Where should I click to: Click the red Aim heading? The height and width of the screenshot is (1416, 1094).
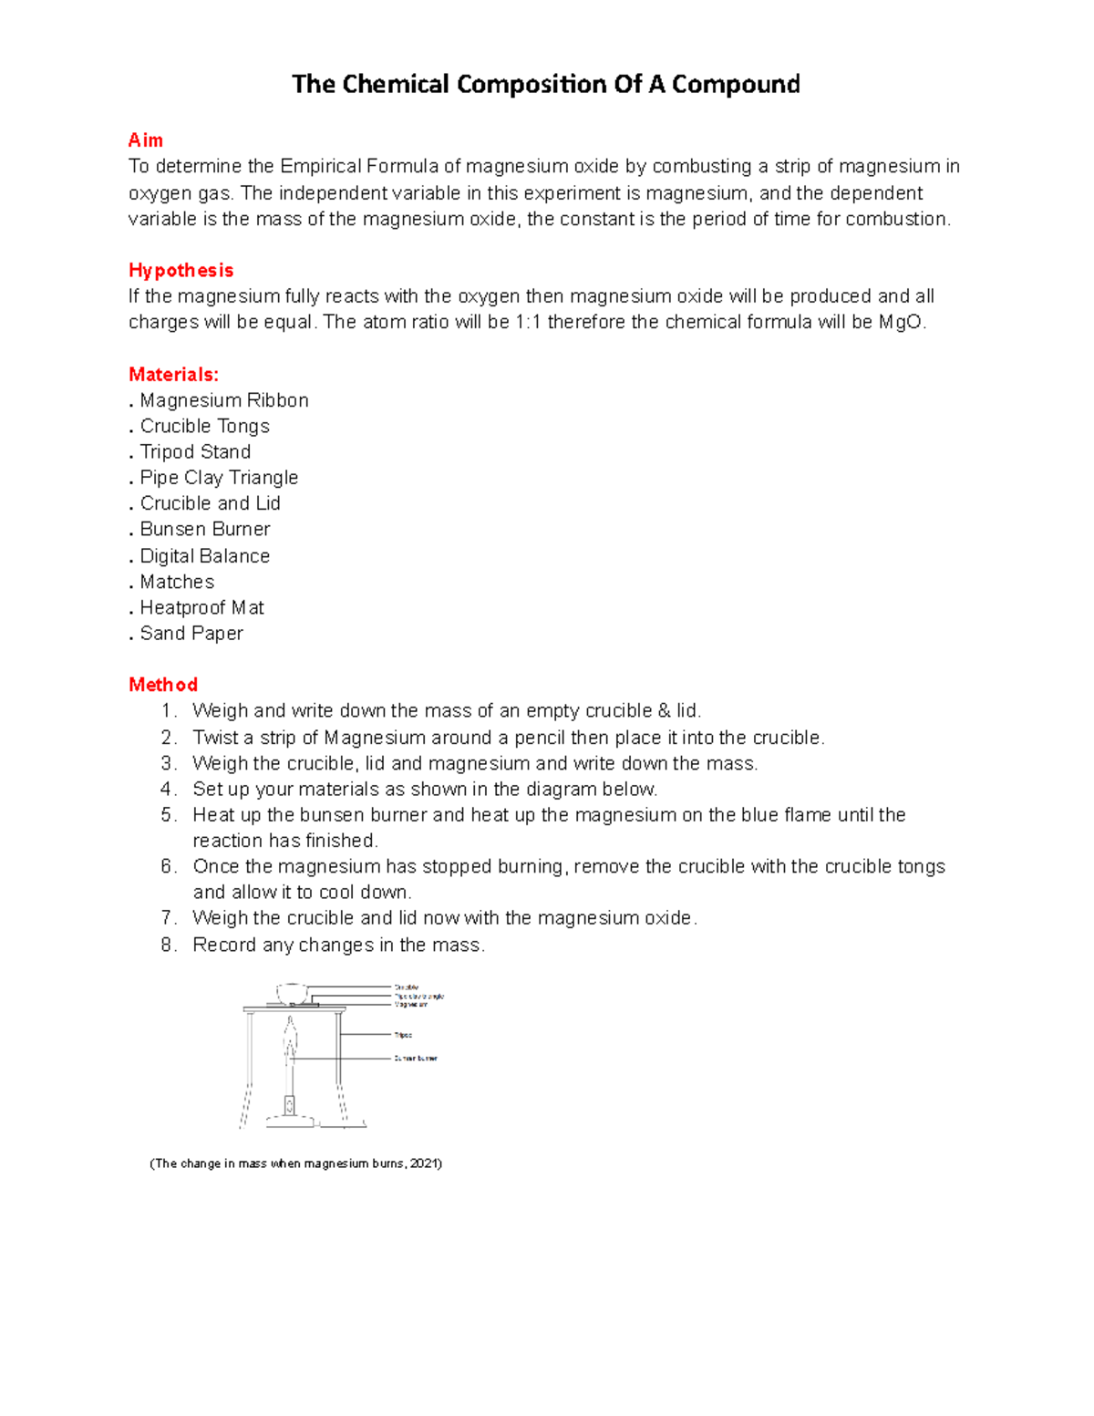click(146, 140)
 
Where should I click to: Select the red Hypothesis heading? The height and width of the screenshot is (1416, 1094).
click(181, 271)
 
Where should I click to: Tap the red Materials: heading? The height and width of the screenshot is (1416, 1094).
click(173, 375)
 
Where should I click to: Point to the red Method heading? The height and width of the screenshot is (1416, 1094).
click(163, 685)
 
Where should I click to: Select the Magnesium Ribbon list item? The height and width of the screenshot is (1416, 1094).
click(223, 400)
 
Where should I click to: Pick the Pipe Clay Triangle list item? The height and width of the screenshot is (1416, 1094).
click(219, 478)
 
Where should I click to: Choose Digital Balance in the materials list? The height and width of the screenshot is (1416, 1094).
click(204, 556)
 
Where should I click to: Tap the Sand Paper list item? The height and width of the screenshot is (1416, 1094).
click(191, 634)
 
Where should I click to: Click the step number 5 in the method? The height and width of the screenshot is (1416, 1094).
click(167, 815)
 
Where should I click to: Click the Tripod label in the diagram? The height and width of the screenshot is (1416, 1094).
click(403, 1035)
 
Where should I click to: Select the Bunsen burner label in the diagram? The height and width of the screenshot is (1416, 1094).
click(416, 1059)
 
